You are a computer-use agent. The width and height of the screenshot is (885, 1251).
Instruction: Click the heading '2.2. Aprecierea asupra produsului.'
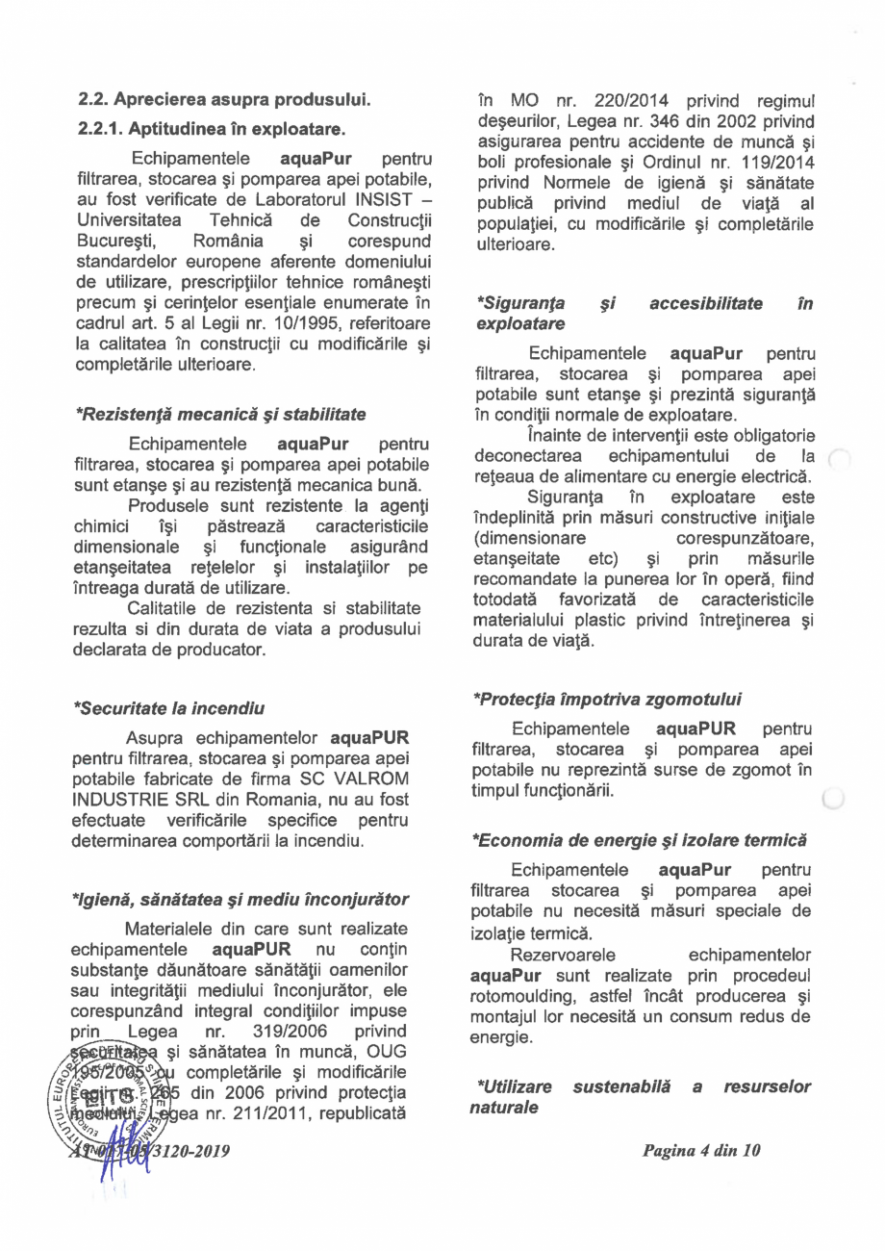click(223, 99)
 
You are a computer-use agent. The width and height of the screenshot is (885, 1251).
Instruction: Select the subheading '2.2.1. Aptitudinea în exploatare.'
click(211, 128)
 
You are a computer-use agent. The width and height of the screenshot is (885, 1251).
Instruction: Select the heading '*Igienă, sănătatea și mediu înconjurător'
click(241, 899)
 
